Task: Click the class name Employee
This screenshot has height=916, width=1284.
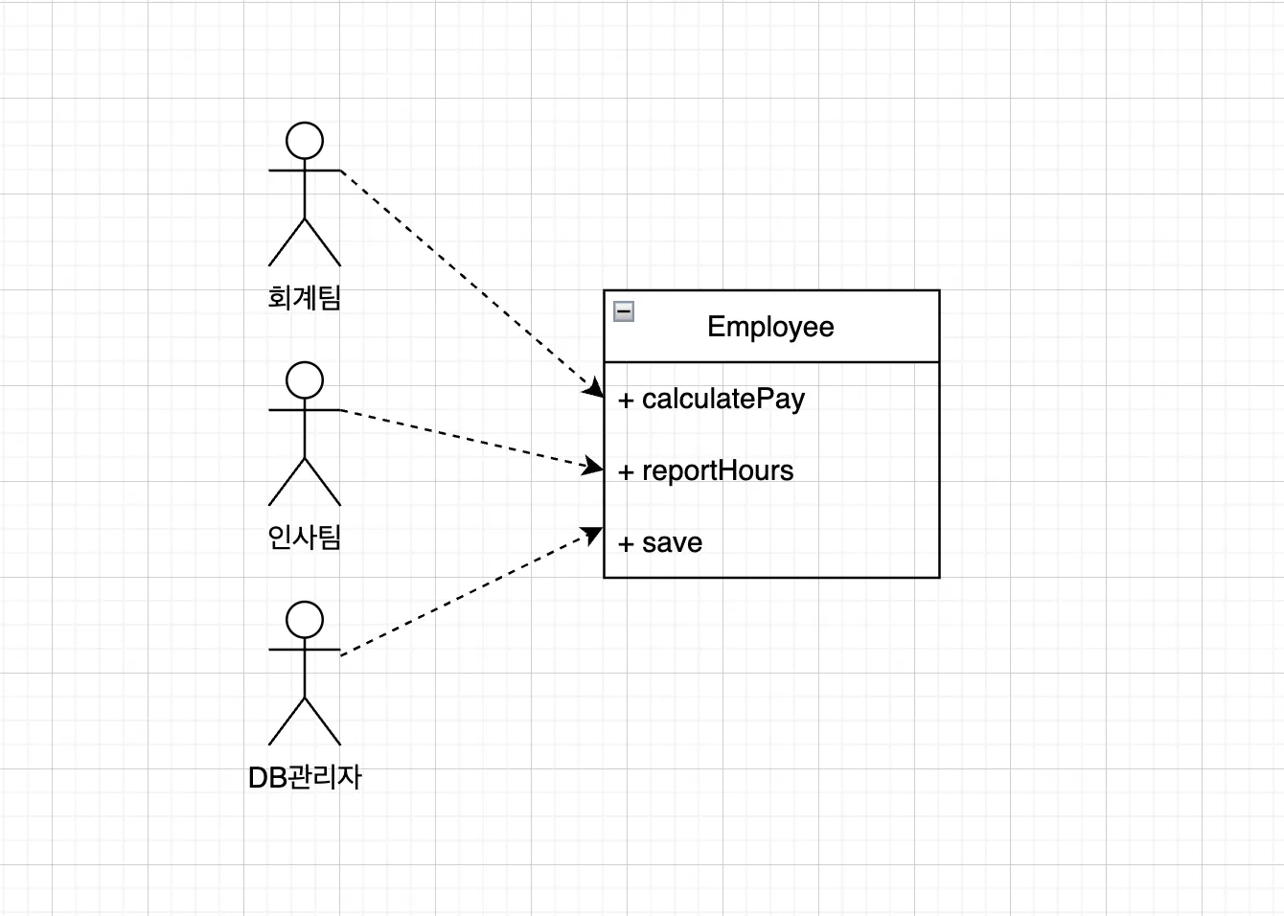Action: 770,327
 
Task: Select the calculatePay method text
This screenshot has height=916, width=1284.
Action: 723,399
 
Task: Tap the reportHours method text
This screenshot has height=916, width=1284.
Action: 718,470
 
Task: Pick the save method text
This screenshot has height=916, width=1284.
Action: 672,542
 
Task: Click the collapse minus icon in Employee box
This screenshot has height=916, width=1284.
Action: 624,310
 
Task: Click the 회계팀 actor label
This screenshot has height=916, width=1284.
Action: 305,298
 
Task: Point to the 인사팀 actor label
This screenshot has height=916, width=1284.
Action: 305,538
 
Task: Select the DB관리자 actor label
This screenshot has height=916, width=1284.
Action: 305,777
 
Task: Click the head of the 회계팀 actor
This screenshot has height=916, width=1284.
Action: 305,141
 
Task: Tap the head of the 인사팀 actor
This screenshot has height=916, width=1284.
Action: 305,380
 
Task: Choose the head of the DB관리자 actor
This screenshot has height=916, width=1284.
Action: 305,620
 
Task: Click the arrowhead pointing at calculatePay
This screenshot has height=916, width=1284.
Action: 595,388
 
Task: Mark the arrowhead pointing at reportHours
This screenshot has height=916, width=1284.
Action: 594,468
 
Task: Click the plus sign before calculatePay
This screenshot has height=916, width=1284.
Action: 626,401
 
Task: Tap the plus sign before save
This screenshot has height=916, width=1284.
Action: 626,544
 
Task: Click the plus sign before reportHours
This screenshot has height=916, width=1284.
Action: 626,472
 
